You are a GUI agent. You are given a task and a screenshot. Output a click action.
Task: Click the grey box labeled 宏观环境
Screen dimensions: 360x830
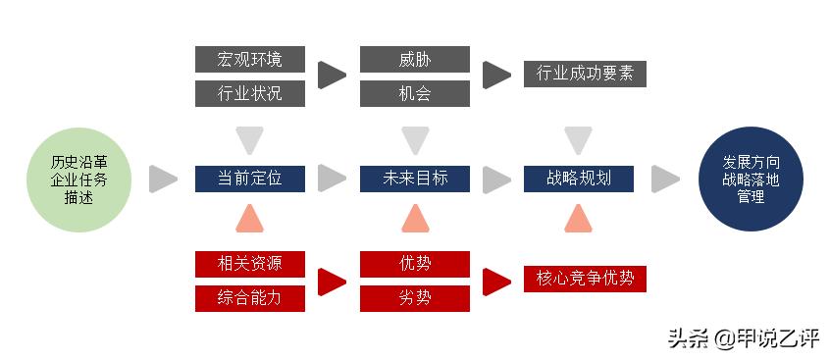[x=249, y=59]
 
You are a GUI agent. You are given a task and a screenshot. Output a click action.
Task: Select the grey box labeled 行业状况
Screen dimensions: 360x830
[x=249, y=94]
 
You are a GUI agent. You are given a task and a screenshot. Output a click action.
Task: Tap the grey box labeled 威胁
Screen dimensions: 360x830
[x=414, y=59]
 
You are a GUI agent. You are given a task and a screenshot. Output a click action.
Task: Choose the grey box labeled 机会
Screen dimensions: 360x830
[x=414, y=94]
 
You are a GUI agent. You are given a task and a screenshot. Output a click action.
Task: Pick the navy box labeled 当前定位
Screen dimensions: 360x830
[x=249, y=179]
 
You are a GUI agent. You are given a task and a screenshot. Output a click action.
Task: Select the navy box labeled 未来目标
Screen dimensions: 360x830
[x=414, y=179]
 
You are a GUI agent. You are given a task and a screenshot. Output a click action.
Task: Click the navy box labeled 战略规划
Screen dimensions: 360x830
[x=579, y=179]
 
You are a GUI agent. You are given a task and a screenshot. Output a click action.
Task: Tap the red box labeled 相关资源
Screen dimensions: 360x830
[x=249, y=263]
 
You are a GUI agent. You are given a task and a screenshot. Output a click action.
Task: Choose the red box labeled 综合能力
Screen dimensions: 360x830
[x=249, y=298]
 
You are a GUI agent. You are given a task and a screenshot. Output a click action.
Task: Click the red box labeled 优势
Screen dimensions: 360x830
[x=414, y=263]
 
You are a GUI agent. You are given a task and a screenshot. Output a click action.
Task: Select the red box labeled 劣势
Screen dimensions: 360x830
[x=414, y=298]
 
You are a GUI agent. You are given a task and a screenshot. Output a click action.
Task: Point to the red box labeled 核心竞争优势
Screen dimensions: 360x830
[x=585, y=279]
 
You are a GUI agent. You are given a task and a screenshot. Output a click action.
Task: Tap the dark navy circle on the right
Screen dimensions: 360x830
[x=750, y=179]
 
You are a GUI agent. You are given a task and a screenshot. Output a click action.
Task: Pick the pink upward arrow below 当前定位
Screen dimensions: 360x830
[x=249, y=220]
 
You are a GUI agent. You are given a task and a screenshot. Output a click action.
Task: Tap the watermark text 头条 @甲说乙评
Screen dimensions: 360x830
[x=743, y=338]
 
